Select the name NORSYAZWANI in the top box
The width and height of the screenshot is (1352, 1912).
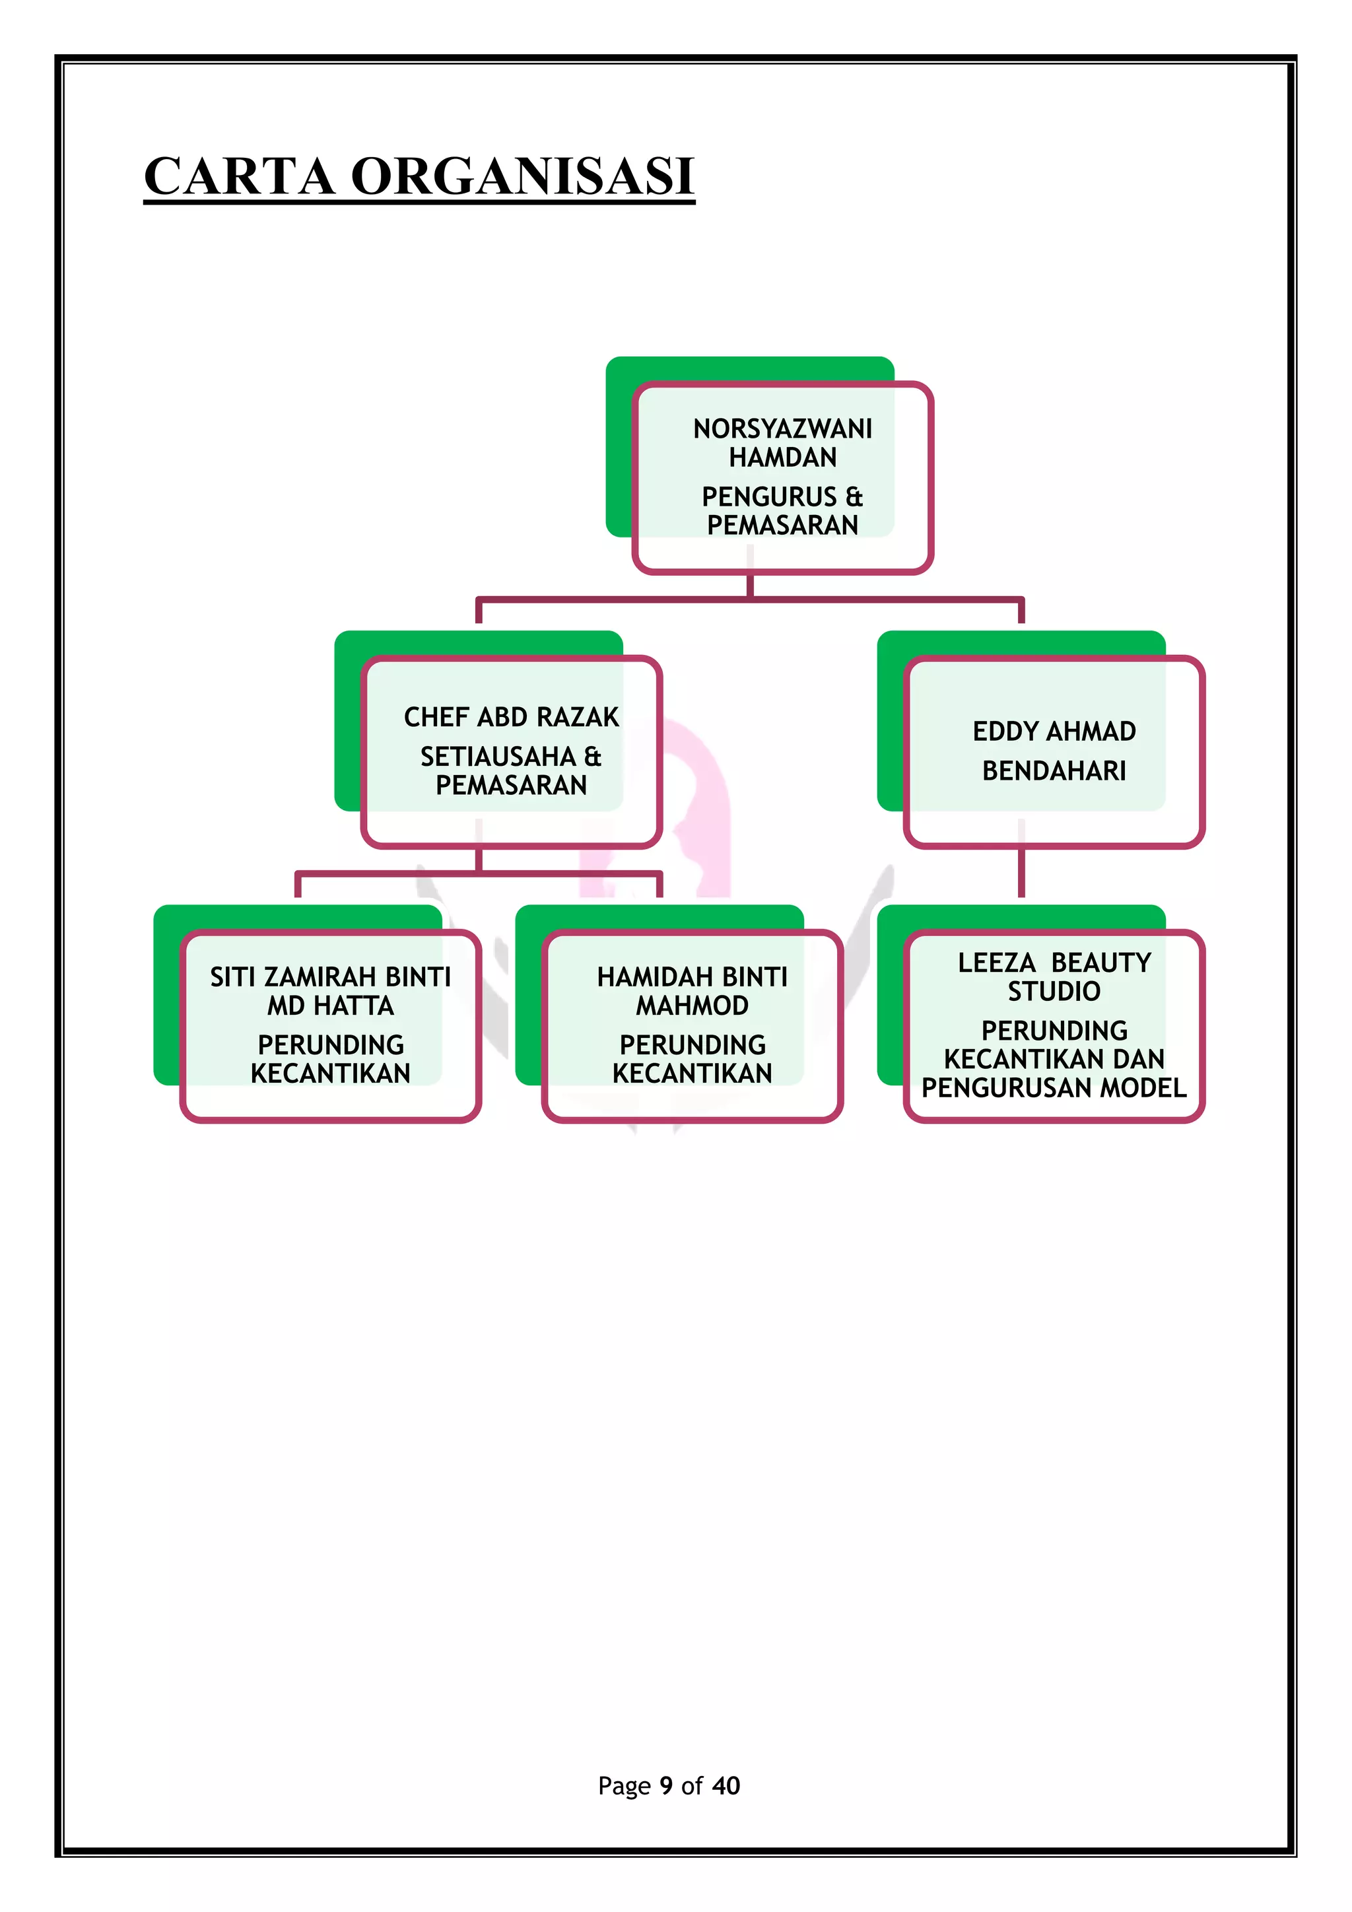[782, 429]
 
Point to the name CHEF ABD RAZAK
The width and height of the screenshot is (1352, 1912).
[511, 717]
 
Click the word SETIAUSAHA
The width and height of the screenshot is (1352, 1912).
[498, 757]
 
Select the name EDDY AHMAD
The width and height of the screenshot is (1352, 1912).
[1054, 731]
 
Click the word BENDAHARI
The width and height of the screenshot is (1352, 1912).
[1054, 771]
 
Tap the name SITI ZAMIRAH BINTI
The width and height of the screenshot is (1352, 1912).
[331, 977]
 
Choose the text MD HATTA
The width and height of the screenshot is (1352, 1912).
[331, 1006]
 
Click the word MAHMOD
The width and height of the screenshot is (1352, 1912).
[692, 1006]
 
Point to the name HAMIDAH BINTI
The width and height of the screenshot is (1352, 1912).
[692, 977]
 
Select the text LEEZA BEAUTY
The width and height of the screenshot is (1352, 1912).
[1054, 963]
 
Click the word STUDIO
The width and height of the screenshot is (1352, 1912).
[1054, 991]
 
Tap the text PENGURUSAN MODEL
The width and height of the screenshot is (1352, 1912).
[1054, 1087]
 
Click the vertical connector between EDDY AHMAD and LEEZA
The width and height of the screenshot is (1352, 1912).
[1021, 873]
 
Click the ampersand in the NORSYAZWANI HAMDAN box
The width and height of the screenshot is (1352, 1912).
[854, 497]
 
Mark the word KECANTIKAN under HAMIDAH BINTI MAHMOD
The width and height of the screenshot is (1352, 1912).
[692, 1074]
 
